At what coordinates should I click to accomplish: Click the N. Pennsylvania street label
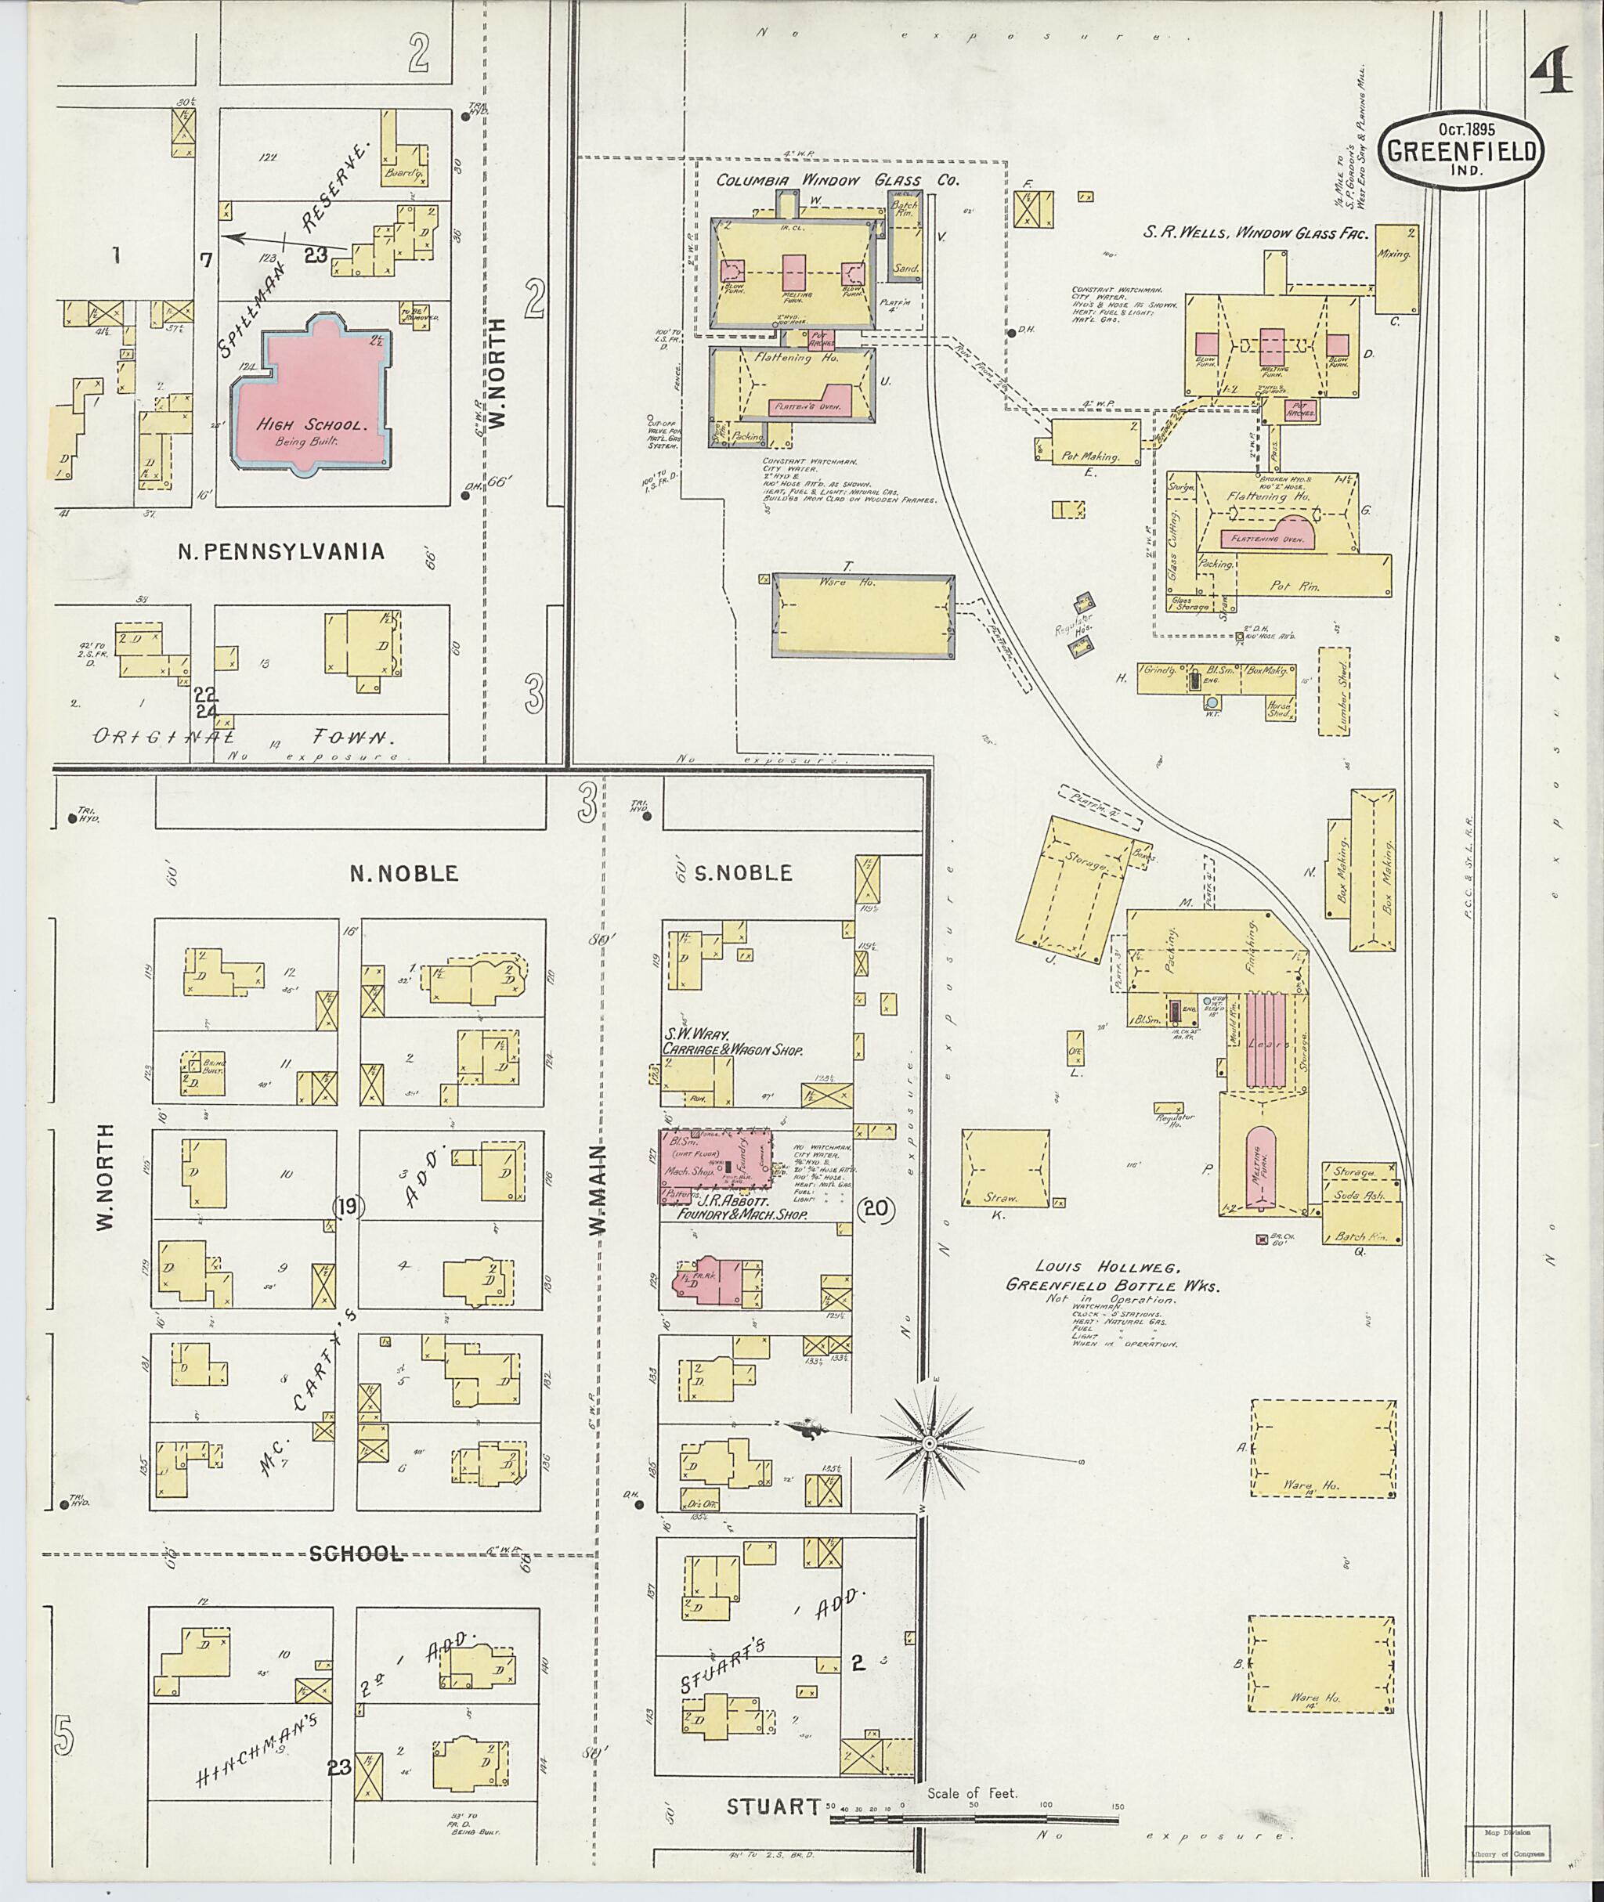pyautogui.click(x=281, y=551)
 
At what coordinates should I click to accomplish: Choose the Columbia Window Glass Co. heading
pyautogui.click(x=836, y=180)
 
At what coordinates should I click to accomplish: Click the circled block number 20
pyautogui.click(x=876, y=1209)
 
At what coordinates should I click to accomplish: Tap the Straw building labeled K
pyautogui.click(x=1005, y=1168)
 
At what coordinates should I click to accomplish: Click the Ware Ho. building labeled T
pyautogui.click(x=862, y=615)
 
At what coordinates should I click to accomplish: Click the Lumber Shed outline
pyautogui.click(x=1334, y=691)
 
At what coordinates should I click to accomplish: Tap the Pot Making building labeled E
pyautogui.click(x=1096, y=442)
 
